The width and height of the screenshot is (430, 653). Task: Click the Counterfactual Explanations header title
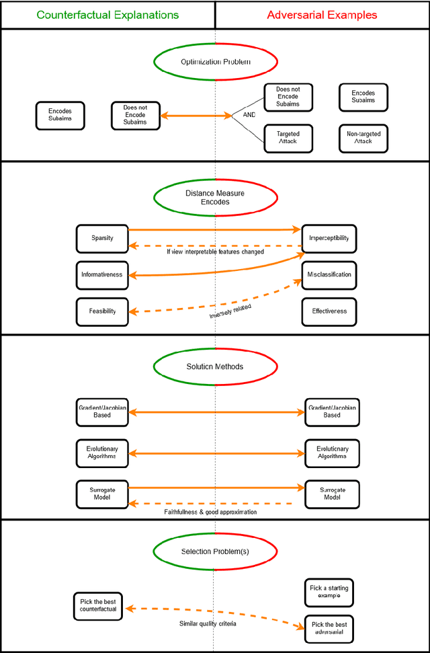[107, 15]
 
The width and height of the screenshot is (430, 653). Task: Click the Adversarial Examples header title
[322, 15]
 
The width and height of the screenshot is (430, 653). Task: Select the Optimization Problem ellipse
[215, 62]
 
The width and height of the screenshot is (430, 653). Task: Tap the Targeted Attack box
[288, 138]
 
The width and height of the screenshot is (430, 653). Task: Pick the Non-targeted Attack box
[363, 138]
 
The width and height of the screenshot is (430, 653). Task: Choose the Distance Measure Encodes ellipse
[215, 197]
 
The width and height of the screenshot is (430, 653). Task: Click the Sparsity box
[102, 238]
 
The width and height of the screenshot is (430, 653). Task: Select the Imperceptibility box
[329, 238]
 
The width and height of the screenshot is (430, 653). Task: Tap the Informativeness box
[102, 274]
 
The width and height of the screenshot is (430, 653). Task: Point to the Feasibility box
[102, 311]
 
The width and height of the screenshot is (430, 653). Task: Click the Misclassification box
[329, 274]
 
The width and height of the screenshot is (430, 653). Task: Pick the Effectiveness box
[329, 311]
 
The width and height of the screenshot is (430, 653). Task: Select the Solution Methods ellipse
[215, 367]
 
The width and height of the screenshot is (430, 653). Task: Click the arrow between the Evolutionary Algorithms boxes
[215, 453]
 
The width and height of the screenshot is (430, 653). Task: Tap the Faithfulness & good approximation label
[210, 512]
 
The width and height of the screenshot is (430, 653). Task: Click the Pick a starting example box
[329, 592]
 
